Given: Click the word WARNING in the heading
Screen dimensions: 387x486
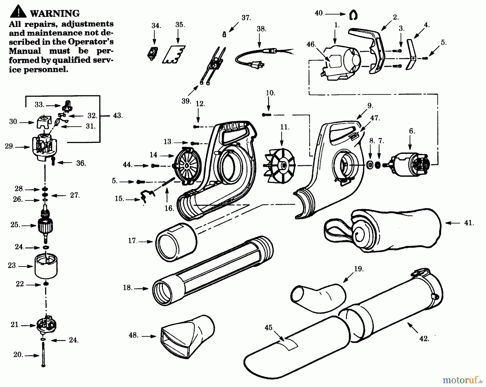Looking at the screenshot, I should (55, 13).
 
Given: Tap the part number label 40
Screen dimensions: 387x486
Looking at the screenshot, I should (319, 13).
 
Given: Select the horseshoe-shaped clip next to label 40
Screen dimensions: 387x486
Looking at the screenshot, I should (353, 15).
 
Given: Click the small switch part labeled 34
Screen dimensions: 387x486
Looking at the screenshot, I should (153, 53).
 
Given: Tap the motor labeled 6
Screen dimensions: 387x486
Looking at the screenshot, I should (409, 164).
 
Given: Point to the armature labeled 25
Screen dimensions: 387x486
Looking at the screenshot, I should (45, 224).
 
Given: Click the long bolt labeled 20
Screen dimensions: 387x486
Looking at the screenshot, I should (43, 354).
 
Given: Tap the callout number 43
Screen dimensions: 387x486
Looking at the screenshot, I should (118, 116).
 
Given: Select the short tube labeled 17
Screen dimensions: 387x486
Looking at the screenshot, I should (176, 242).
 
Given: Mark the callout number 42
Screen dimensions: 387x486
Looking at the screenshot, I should (424, 339).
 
